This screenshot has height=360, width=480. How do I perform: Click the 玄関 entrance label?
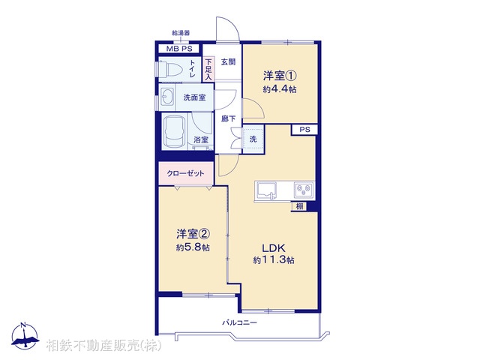228,62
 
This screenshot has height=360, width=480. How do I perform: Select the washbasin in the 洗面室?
166,97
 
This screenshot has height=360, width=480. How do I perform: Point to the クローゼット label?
185,173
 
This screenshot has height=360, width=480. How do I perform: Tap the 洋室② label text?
192,232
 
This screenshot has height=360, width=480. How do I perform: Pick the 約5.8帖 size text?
192,246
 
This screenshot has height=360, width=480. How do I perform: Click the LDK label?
273,247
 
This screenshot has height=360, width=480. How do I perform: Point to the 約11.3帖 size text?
273,260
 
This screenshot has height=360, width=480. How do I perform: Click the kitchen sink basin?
267,190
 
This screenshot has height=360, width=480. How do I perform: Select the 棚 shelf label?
298,206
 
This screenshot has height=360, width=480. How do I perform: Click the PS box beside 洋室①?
304,130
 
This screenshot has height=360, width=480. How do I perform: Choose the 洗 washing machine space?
253,139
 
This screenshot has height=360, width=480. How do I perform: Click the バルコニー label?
239,322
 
